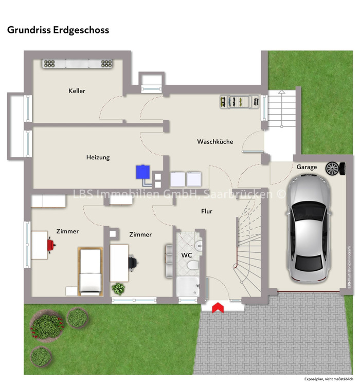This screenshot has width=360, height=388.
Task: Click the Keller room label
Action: click(x=77, y=91)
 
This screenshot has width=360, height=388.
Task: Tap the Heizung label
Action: click(x=98, y=157)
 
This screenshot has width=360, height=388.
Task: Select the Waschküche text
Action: click(x=215, y=141)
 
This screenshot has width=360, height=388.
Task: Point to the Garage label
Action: click(x=307, y=167)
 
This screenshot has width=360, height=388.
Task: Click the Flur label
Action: click(x=207, y=211)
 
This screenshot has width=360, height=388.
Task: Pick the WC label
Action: click(x=187, y=255)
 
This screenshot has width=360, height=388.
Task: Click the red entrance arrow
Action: click(x=218, y=307)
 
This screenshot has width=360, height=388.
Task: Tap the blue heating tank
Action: click(x=143, y=172)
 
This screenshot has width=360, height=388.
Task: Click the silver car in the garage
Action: click(x=309, y=228)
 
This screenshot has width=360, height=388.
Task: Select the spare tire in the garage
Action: click(x=335, y=169)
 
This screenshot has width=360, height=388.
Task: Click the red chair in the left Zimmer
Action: click(x=51, y=245)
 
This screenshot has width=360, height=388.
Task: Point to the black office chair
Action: click(x=133, y=262)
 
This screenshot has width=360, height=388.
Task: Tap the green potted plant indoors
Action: click(x=118, y=288)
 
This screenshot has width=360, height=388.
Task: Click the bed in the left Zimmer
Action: click(x=90, y=271)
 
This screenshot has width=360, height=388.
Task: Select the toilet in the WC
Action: click(x=193, y=266)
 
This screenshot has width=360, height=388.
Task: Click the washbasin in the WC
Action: click(x=199, y=246)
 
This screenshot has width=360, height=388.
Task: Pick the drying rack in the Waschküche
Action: click(x=240, y=102)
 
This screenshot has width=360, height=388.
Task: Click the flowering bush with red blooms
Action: click(x=46, y=326)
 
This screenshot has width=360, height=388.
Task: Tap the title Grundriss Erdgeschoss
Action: click(x=58, y=30)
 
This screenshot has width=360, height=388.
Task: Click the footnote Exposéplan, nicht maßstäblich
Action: click(x=329, y=379)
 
